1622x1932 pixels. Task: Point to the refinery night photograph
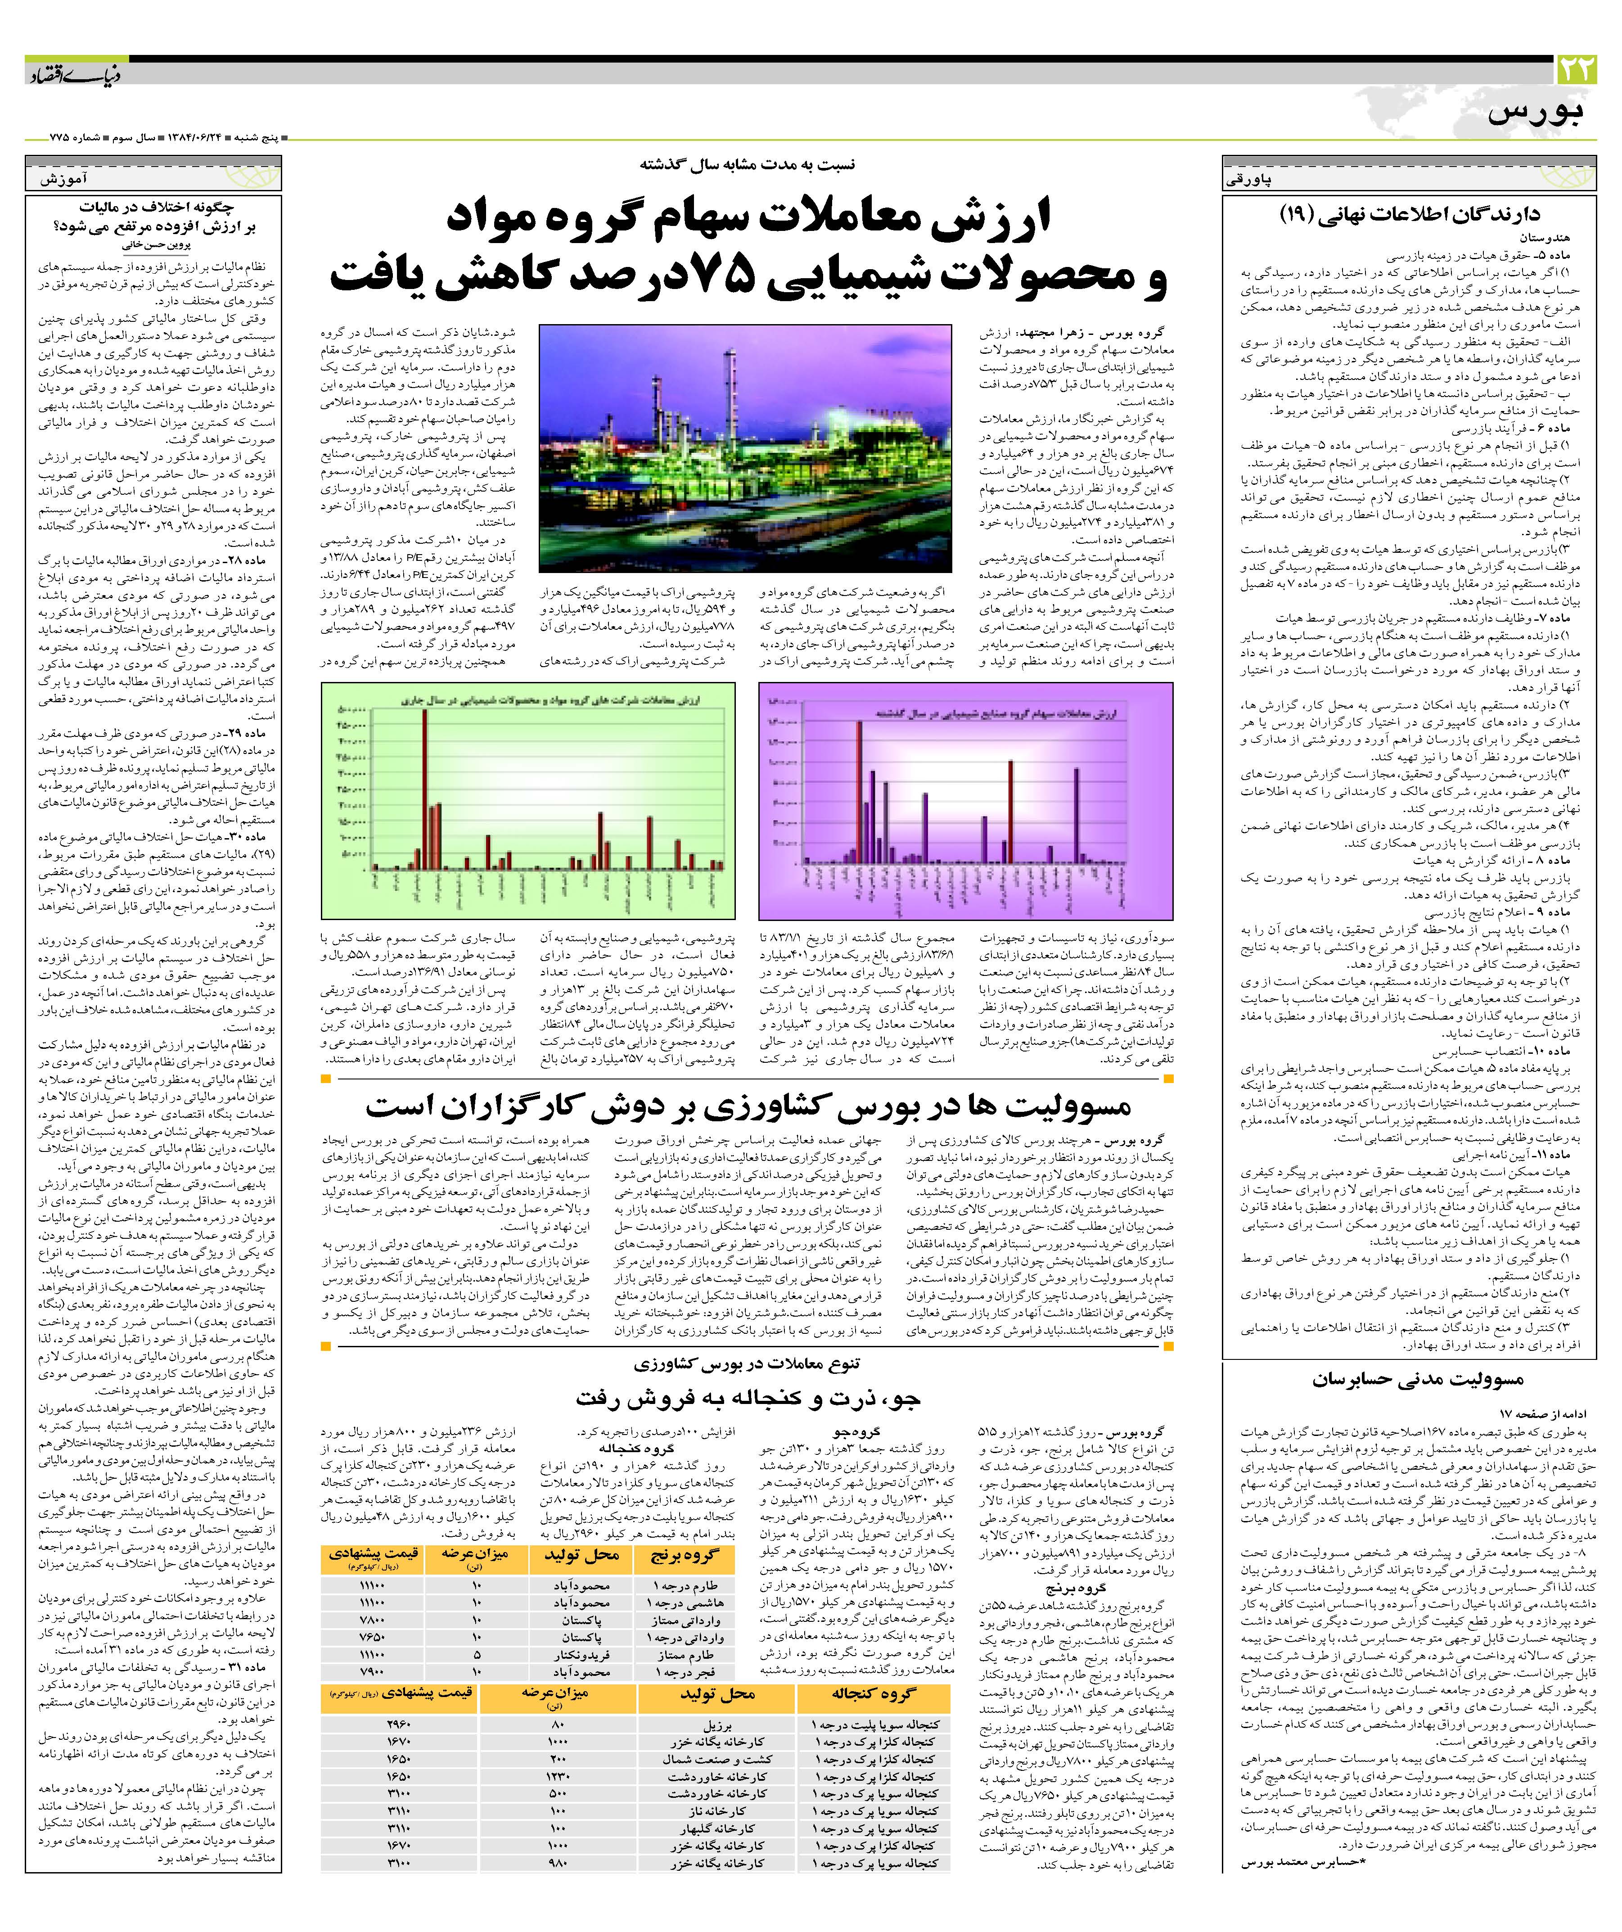click(745, 448)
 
